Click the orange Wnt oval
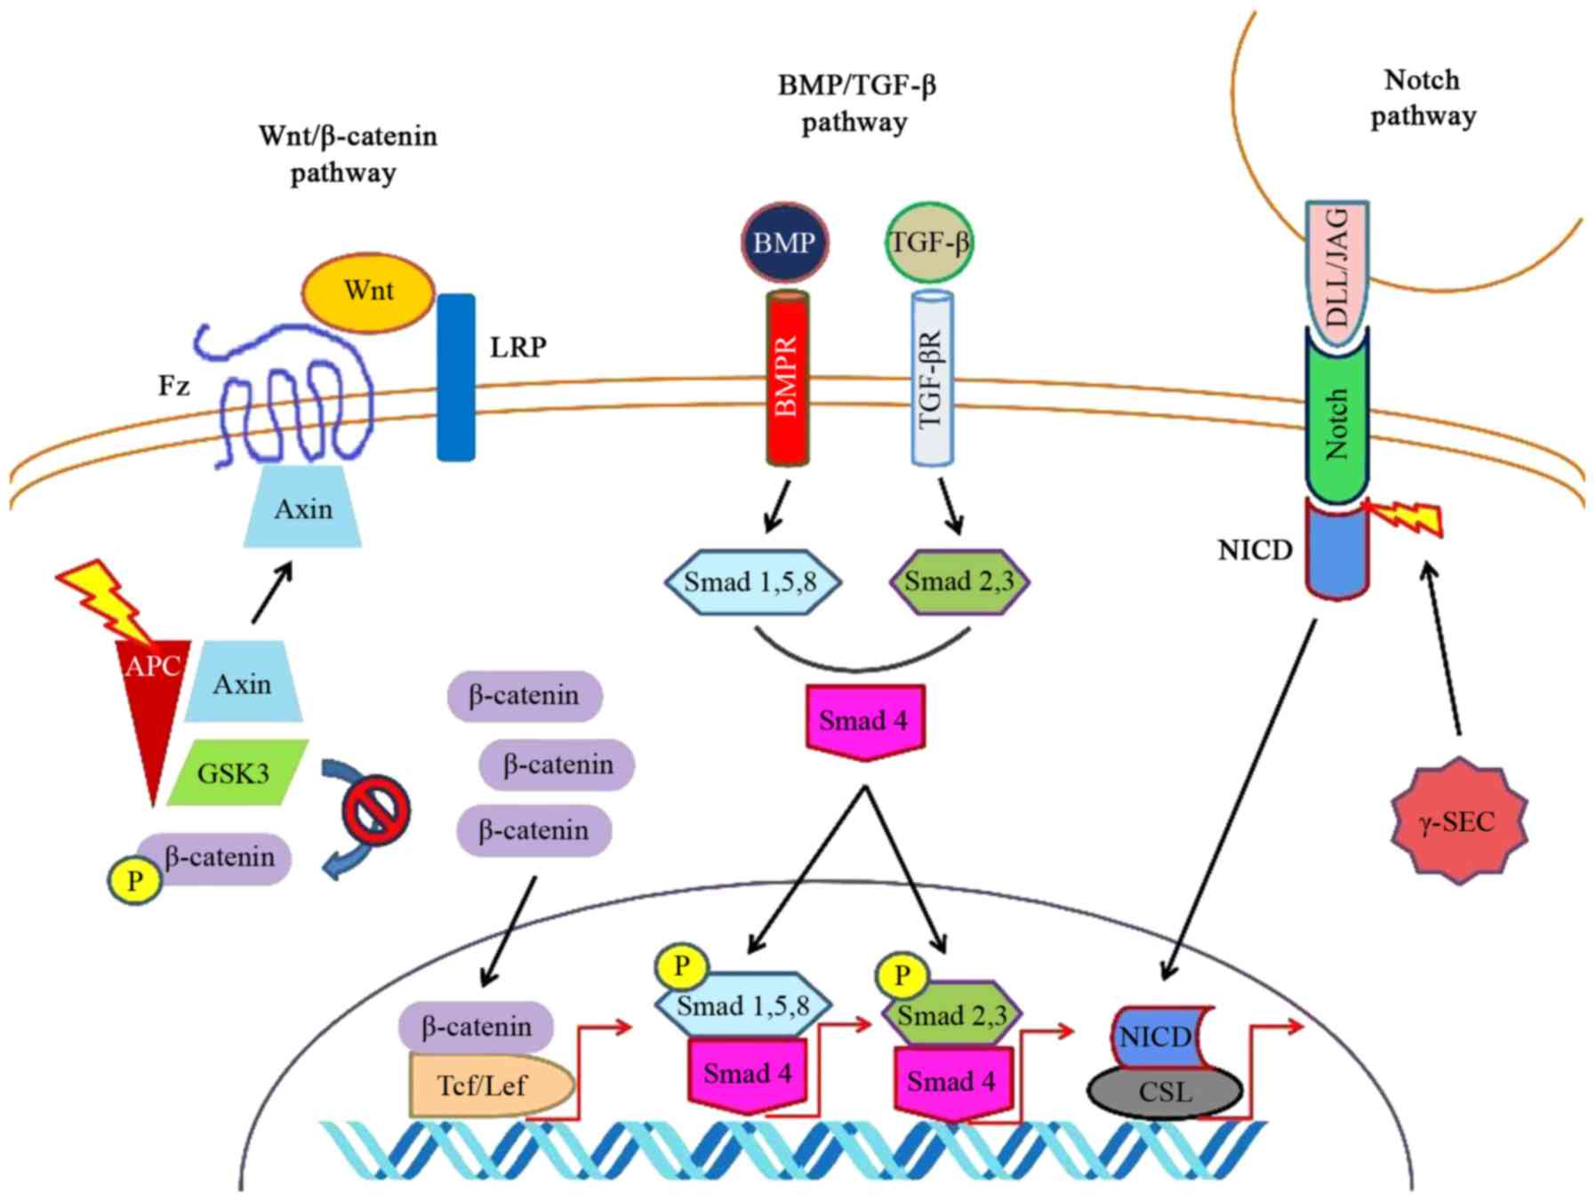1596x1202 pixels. click(x=368, y=292)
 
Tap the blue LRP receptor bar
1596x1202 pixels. click(x=455, y=378)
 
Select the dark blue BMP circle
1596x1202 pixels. click(x=784, y=243)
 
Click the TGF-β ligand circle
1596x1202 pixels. click(x=929, y=243)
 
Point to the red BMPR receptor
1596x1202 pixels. click(x=788, y=378)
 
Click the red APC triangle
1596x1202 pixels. click(x=153, y=702)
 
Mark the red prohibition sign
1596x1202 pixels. click(x=377, y=810)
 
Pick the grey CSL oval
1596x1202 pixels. click(x=1165, y=1091)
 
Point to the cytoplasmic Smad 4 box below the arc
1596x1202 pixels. click(x=864, y=720)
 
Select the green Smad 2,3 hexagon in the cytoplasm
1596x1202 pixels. click(x=959, y=581)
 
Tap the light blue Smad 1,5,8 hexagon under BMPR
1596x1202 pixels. click(x=751, y=581)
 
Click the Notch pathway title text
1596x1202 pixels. click(x=1423, y=98)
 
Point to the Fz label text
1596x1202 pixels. click(x=174, y=386)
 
